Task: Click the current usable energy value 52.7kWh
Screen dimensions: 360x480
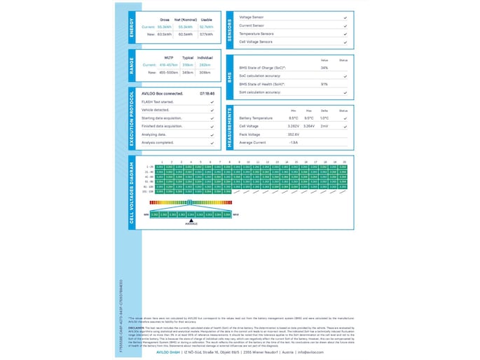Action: (x=206, y=27)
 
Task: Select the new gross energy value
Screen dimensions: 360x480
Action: (x=165, y=34)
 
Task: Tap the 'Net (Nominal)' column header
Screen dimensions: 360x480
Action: (x=186, y=20)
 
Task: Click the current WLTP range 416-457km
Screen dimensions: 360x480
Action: (x=169, y=64)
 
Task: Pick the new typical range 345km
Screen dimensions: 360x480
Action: (x=187, y=71)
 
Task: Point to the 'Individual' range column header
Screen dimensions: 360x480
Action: (x=205, y=57)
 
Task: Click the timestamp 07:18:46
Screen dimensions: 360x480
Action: (x=207, y=93)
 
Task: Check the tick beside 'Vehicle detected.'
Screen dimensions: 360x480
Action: (x=212, y=110)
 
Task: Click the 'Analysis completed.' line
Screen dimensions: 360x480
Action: (x=158, y=142)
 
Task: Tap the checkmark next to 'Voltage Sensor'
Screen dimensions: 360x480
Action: (x=345, y=17)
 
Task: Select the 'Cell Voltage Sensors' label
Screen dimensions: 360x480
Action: (x=256, y=42)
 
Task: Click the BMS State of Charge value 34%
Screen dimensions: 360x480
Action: (x=324, y=68)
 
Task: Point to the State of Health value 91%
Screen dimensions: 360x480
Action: (x=324, y=84)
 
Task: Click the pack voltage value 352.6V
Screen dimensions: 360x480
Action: (x=294, y=134)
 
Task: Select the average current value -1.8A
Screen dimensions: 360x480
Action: (x=294, y=142)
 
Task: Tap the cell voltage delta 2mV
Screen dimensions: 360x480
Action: (x=324, y=126)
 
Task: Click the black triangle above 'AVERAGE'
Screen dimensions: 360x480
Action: (x=191, y=220)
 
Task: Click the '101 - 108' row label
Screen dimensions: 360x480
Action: (x=148, y=191)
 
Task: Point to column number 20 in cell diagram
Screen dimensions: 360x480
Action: (x=344, y=162)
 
